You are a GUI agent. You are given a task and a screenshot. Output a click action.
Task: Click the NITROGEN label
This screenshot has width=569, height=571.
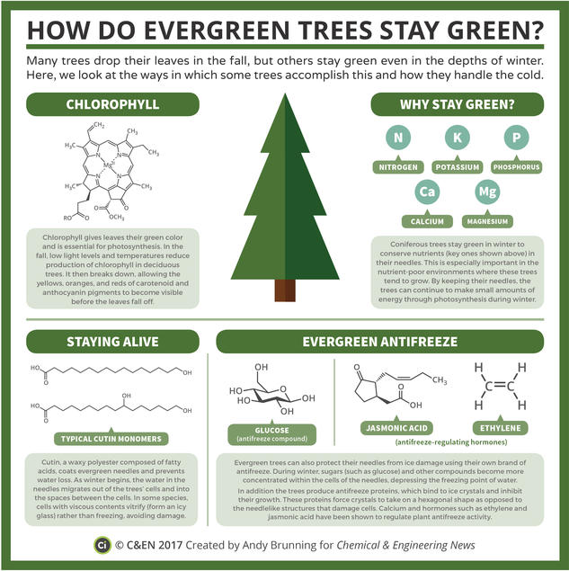tap(397, 168)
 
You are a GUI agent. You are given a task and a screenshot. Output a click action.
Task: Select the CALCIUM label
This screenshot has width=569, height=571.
tap(428, 220)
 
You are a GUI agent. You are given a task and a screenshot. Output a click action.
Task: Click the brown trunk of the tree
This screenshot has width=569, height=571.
tap(285, 290)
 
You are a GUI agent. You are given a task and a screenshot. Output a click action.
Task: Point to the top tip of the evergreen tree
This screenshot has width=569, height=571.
tap(285, 103)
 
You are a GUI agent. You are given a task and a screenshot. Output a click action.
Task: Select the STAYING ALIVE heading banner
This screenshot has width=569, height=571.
tap(107, 343)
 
